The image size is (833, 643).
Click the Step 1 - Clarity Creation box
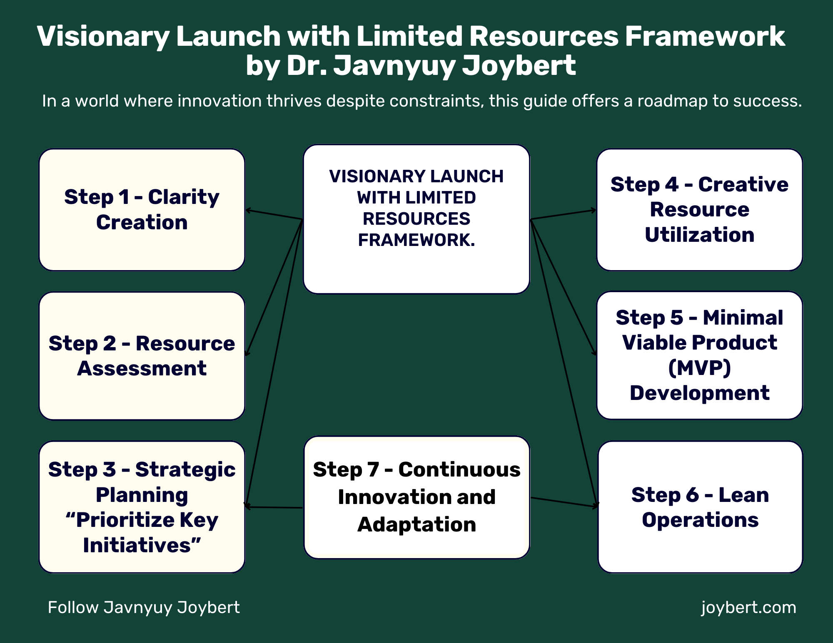coord(142,210)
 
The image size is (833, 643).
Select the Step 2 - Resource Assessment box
coord(142,356)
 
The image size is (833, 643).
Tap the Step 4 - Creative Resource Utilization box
coord(699,210)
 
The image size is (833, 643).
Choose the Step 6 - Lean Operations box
coord(700,507)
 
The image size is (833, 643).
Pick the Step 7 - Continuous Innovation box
coord(416,497)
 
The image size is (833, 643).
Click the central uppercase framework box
coord(416,219)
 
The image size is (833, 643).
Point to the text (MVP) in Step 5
coord(699,368)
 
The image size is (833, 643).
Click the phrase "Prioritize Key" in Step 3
coord(142,520)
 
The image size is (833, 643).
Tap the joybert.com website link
coord(748,608)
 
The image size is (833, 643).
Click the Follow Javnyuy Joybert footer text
coord(144,608)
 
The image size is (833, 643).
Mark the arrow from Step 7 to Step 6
coord(565,502)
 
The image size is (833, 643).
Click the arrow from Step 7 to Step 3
coord(273,507)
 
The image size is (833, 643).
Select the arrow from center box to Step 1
coord(274,214)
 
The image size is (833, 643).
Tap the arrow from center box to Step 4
coord(564,214)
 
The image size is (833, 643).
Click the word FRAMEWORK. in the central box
coord(416,240)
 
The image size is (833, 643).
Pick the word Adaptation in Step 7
coord(416,524)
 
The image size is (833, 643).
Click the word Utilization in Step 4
coord(699,235)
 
